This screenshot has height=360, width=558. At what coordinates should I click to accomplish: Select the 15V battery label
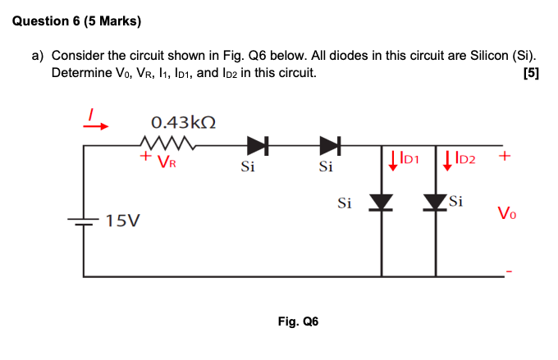tap(123, 221)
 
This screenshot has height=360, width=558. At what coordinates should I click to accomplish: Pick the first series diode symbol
tap(257, 146)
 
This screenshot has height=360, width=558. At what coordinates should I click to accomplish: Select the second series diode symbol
tap(330, 146)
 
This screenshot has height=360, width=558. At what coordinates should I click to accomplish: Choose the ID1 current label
tap(412, 157)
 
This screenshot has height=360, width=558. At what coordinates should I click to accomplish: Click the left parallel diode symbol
tap(382, 203)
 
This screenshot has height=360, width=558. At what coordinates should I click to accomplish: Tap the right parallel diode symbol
tap(436, 203)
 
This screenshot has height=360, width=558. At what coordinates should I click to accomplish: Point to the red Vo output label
tap(506, 215)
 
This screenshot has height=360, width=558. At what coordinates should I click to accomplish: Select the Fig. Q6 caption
tap(298, 321)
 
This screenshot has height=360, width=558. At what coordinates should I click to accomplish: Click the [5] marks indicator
tap(531, 73)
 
